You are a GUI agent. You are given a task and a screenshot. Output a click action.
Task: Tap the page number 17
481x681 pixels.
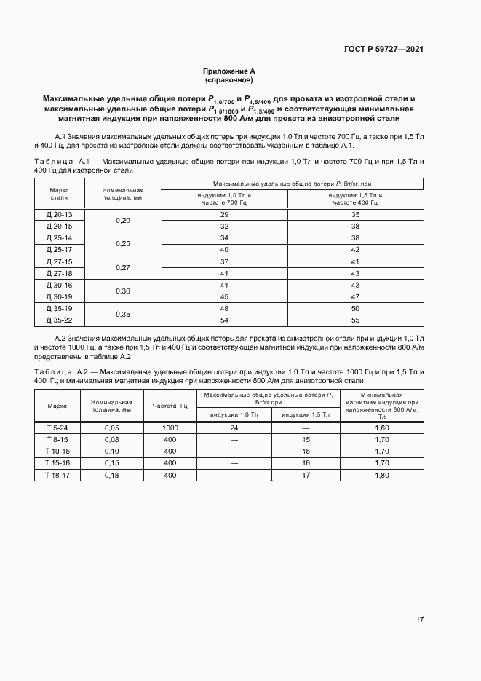click(x=420, y=619)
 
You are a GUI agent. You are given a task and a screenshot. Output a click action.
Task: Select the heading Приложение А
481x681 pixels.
click(x=228, y=71)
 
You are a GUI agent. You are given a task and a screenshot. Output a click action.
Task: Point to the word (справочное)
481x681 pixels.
click(x=228, y=79)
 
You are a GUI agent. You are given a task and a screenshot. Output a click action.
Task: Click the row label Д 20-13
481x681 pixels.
click(x=60, y=215)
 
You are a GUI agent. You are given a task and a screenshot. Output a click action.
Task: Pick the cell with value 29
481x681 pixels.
click(x=224, y=215)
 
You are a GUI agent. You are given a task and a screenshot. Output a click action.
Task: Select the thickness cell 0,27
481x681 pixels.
click(x=123, y=267)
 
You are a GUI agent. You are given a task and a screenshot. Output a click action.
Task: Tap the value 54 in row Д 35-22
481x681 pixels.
click(x=224, y=320)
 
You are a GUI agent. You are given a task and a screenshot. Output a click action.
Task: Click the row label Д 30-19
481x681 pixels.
click(x=60, y=296)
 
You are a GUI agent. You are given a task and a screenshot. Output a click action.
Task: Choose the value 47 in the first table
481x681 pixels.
click(x=355, y=296)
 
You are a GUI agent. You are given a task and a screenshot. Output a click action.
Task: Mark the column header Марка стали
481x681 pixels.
click(x=60, y=193)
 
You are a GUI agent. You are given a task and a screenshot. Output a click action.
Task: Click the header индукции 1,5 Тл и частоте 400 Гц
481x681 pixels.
click(x=355, y=199)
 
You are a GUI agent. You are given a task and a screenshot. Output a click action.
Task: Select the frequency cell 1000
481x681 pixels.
click(x=170, y=428)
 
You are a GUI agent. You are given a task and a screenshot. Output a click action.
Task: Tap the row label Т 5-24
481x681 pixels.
click(x=57, y=428)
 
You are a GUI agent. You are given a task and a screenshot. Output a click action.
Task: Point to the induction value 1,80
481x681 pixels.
click(x=381, y=475)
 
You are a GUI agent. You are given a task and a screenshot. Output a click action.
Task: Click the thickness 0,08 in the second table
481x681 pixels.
click(x=111, y=440)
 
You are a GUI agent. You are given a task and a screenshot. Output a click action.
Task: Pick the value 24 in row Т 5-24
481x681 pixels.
click(x=234, y=428)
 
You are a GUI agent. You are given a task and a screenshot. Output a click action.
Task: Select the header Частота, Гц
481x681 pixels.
click(x=170, y=405)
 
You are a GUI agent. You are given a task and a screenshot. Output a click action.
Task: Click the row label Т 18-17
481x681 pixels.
click(x=57, y=475)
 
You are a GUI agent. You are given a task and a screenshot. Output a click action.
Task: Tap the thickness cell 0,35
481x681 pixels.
click(x=123, y=315)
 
